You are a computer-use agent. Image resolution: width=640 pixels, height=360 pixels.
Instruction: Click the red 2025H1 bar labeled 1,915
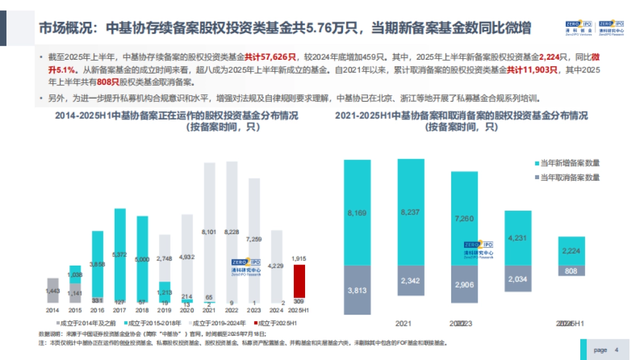coord(300,283)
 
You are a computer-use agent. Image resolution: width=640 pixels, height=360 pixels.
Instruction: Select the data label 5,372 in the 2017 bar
coord(121,254)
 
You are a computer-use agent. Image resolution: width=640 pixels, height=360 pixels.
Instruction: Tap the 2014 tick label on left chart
coord(52,310)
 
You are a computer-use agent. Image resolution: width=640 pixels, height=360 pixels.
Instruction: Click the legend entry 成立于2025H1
coord(278,323)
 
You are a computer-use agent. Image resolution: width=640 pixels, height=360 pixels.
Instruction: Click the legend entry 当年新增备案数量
coord(569,163)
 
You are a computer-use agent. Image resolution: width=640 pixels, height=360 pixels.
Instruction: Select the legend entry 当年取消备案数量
coord(569,177)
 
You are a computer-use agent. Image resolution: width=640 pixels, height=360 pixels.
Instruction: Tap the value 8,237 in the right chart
coord(411,212)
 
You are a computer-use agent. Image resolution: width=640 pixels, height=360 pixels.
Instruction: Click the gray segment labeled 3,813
coord(357,290)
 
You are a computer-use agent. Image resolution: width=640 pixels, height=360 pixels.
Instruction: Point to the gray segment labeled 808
coord(571,271)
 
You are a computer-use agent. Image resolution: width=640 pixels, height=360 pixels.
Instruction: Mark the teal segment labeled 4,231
coord(518,238)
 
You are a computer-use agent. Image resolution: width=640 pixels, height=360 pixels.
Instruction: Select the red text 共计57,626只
coord(266,56)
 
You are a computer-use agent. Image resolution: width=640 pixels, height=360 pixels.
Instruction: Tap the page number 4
coord(617,350)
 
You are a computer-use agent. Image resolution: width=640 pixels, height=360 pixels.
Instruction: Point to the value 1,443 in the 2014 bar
coord(52,292)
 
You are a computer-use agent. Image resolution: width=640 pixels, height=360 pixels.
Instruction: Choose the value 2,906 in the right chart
coord(465,284)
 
